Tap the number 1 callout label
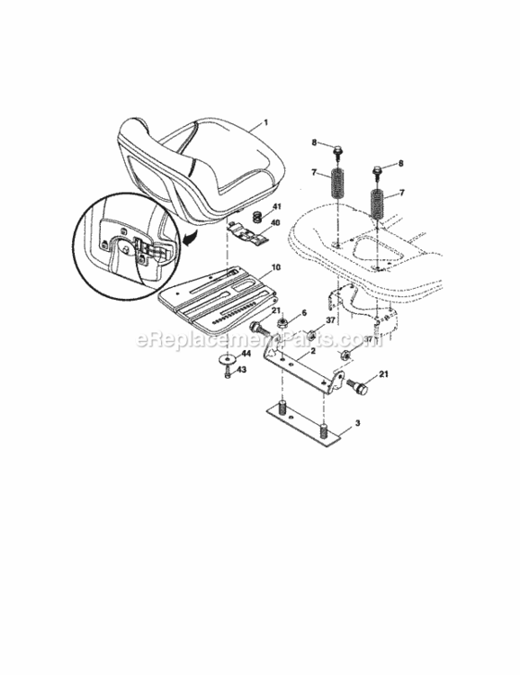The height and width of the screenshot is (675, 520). point(265,122)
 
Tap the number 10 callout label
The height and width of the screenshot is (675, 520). point(275,266)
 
